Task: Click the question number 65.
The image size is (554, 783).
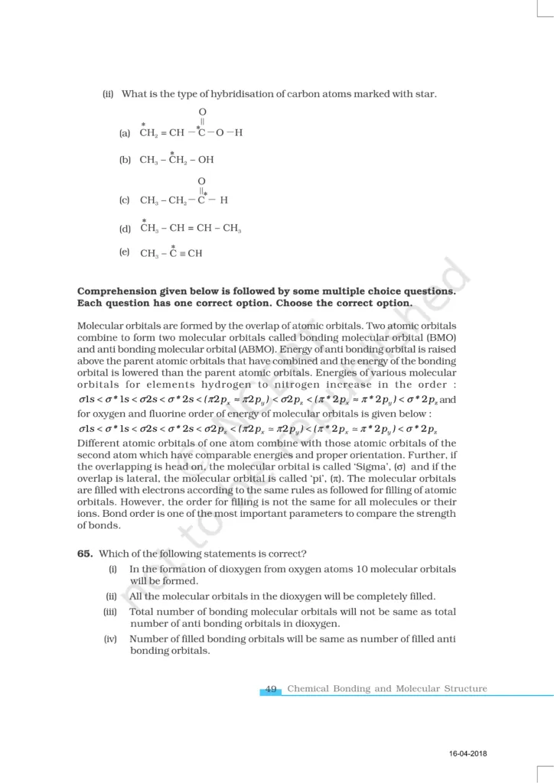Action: [x=85, y=555]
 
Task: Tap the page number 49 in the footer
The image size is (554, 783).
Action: [x=271, y=689]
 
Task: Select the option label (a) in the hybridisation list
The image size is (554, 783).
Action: [x=125, y=133]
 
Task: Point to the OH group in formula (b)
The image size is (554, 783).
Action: [x=206, y=161]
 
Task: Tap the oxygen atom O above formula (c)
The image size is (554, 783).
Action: [x=202, y=181]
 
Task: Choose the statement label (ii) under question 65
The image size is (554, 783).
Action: [x=112, y=596]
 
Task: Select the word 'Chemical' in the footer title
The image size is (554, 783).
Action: [x=308, y=689]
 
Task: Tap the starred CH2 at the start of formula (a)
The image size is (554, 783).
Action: [x=148, y=133]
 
